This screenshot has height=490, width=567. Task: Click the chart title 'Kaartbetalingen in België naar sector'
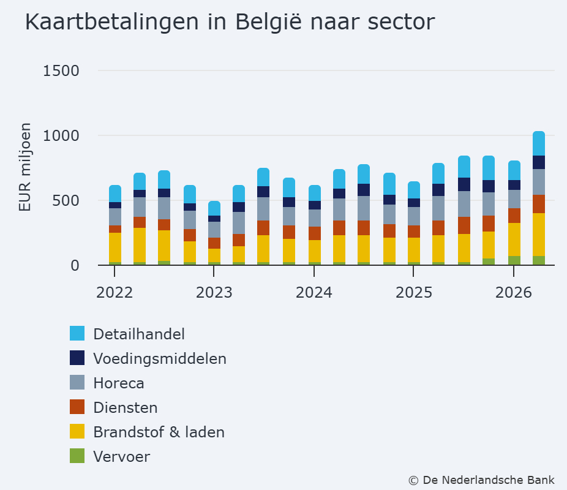pos(230,22)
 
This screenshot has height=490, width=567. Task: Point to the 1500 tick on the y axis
pos(61,71)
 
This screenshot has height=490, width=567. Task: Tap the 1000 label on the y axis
pos(61,136)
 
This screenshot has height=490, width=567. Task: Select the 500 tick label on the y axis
pos(66,201)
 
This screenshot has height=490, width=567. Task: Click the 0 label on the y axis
pos(75,266)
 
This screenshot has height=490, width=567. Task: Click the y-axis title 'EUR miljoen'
pos(25,167)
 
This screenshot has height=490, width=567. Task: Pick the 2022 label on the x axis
pos(115,293)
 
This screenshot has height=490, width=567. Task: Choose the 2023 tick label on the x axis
pos(214,293)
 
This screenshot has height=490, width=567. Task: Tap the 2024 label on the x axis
pos(314,293)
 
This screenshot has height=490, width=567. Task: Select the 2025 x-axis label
pos(414,293)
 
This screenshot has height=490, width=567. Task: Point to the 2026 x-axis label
pos(514,293)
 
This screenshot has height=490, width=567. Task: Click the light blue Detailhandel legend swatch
pos(77,333)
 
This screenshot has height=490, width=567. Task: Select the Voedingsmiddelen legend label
pos(160,359)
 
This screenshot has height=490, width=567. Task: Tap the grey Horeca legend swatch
pos(77,382)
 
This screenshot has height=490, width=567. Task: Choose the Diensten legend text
pos(126,407)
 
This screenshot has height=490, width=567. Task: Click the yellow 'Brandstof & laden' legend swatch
pos(77,431)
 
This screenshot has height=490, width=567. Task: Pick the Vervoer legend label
pos(121,457)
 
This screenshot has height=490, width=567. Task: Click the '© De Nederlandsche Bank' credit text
pos(481,480)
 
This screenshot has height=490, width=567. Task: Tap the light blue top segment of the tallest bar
pos(539,143)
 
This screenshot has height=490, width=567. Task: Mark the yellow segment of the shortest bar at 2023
pos(214,255)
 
